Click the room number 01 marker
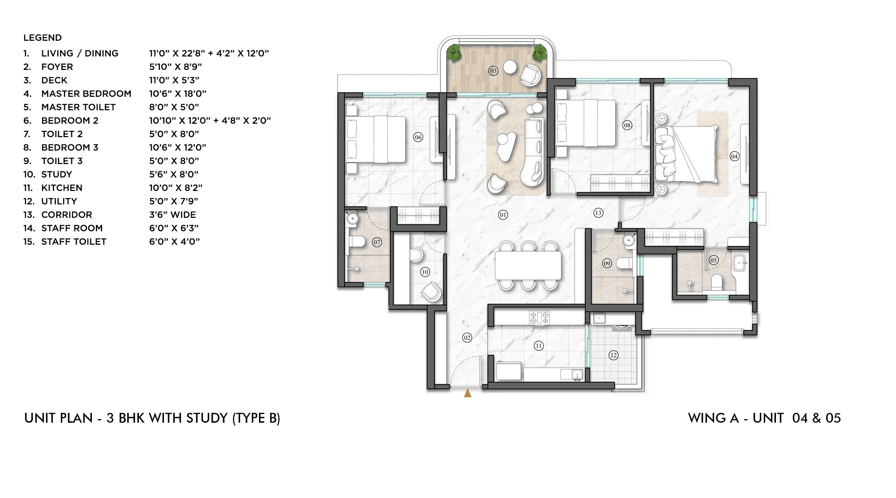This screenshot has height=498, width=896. point(503,215)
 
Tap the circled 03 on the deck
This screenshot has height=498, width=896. point(493,71)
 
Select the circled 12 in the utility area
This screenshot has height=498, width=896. point(613,355)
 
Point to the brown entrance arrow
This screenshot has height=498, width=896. point(468,393)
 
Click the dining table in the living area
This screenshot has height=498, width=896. point(528,265)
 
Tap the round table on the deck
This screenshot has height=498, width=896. point(510,67)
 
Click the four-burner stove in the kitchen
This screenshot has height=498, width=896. point(539,317)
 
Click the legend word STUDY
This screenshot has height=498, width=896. point(56,174)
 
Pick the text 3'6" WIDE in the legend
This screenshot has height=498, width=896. point(172,215)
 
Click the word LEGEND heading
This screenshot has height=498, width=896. point(43,38)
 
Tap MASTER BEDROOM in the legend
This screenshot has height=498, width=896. point(86,94)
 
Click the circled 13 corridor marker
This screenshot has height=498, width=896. point(599,213)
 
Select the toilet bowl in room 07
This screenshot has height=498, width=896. point(357,242)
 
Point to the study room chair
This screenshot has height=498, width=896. point(431,291)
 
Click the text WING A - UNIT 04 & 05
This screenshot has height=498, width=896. point(764,418)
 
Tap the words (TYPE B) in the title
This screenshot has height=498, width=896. point(256,418)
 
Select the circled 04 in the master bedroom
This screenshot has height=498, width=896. point(734,156)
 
